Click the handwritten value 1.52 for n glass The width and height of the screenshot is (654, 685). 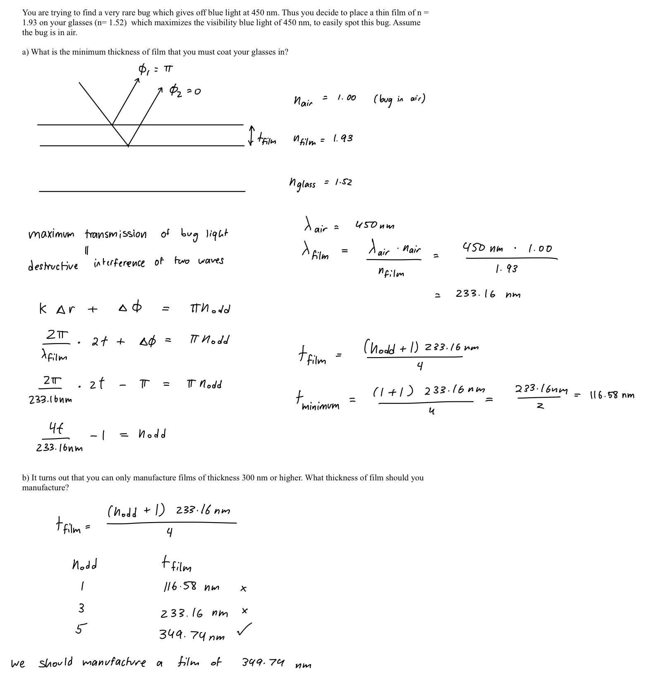(343, 182)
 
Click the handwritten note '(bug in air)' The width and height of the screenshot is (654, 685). (399, 100)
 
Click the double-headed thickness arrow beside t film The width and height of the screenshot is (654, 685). (251, 136)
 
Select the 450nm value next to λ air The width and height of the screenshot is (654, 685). (375, 226)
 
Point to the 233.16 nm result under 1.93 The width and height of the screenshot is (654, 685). (488, 294)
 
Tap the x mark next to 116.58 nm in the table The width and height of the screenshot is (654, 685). (244, 589)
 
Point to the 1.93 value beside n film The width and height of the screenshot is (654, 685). (343, 138)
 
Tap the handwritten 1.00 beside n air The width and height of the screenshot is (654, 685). (346, 98)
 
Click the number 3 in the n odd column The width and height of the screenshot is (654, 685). (81, 608)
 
